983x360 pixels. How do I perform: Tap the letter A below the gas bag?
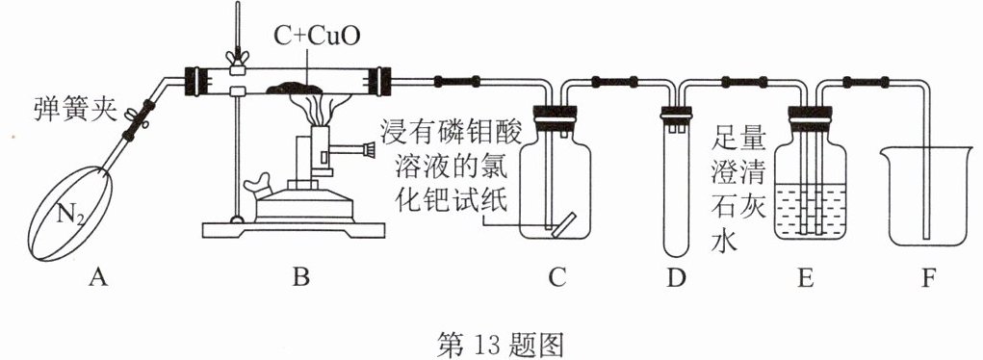[x=97, y=276]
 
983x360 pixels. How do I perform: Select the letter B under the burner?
[x=301, y=276]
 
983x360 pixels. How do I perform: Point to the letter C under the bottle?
[x=556, y=276]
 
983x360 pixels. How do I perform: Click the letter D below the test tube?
[x=676, y=276]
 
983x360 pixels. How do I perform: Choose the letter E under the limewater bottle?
[x=806, y=276]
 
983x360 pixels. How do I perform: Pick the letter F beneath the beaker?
[x=928, y=276]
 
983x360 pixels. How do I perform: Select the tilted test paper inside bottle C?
[x=561, y=225]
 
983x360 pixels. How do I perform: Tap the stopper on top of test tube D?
[x=677, y=114]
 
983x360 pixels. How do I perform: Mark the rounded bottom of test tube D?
[x=677, y=251]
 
